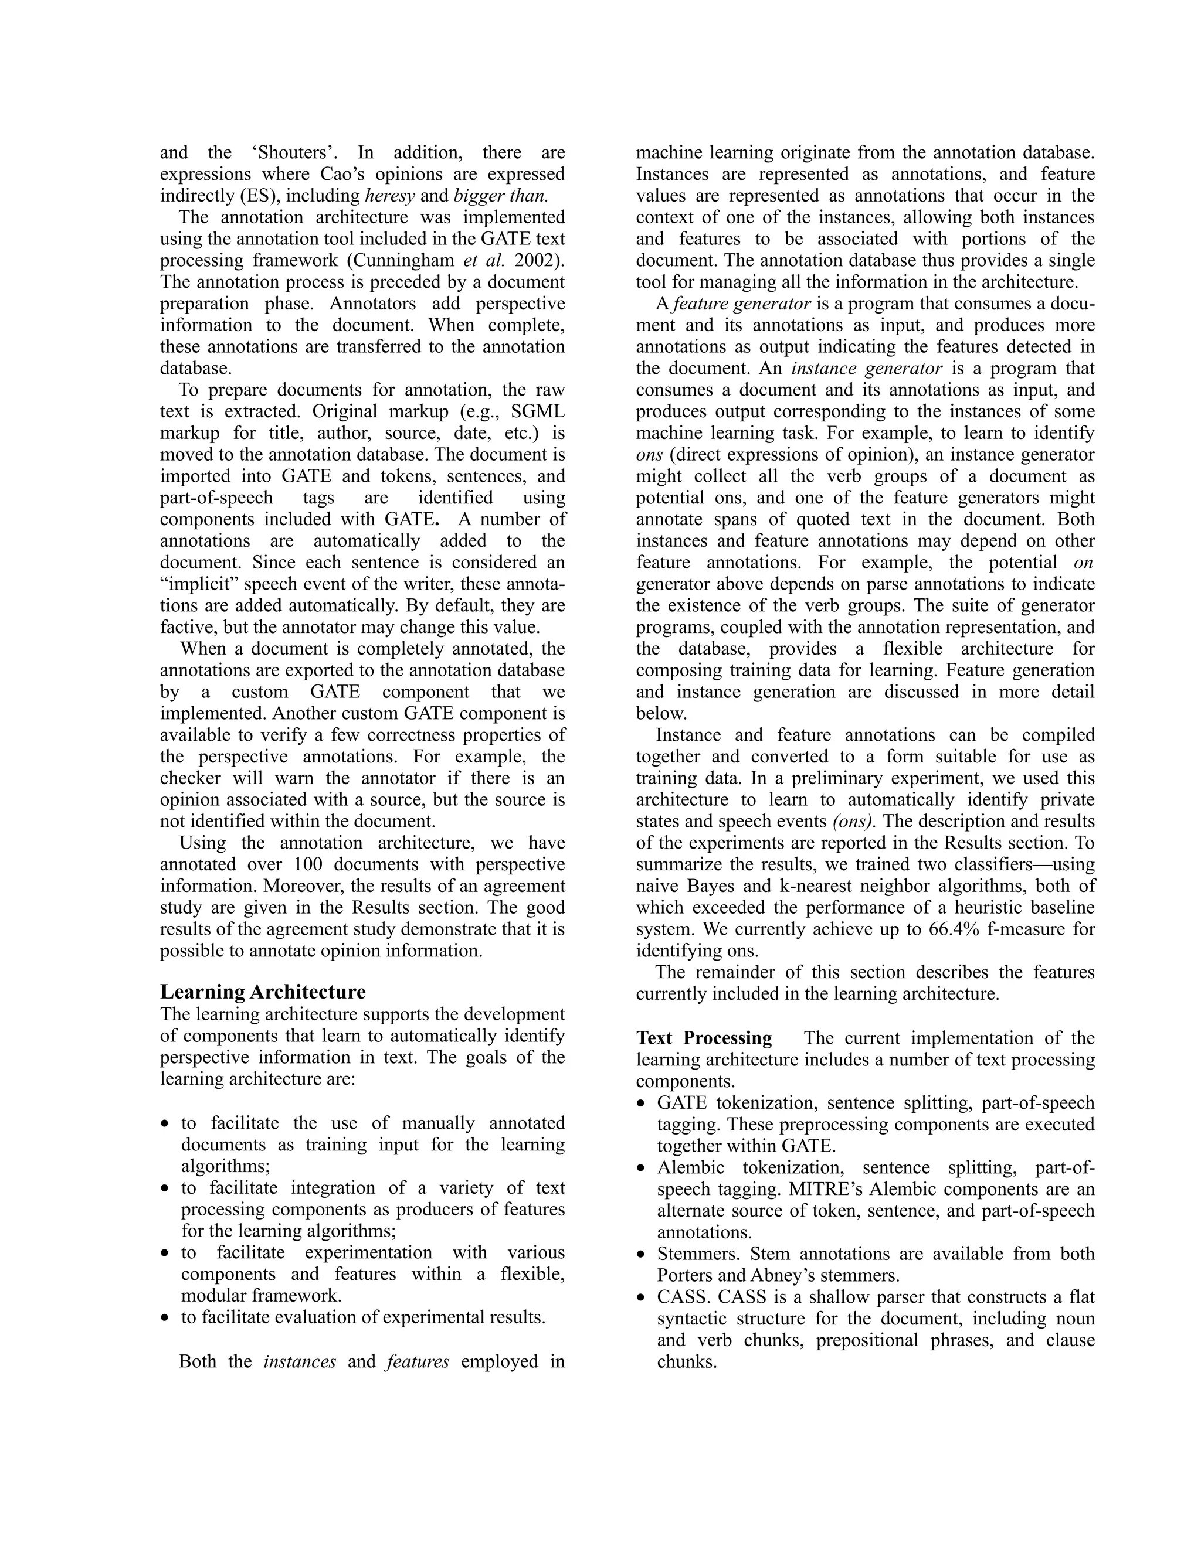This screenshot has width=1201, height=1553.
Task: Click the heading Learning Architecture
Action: pos(263,991)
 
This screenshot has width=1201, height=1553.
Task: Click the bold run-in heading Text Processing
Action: pos(704,1038)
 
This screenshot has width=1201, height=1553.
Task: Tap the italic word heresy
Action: pos(389,196)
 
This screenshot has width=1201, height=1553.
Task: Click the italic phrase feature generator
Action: pos(741,304)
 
